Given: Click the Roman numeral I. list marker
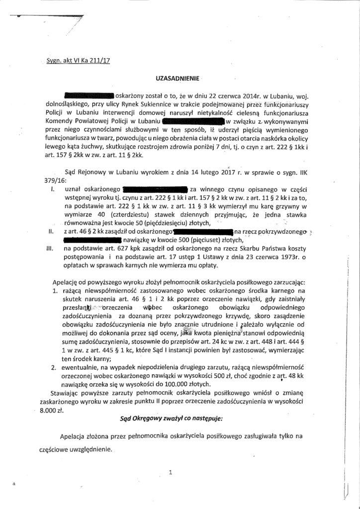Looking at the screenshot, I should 53,189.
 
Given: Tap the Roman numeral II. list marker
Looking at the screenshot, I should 51,231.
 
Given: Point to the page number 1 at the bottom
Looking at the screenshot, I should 170,473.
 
